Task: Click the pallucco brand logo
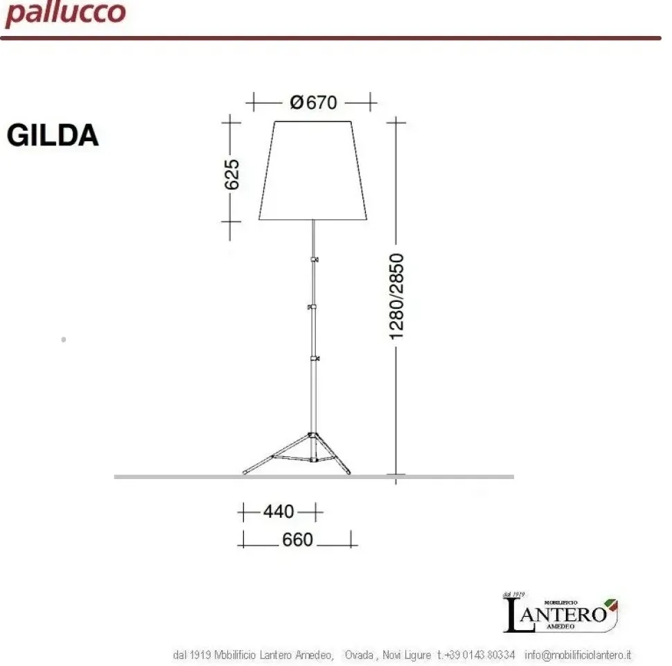[65, 14]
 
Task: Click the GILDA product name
[53, 136]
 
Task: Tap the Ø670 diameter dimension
[312, 102]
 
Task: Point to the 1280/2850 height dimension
[397, 296]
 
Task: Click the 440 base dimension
[278, 512]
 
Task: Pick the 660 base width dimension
[298, 539]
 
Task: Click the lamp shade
[313, 170]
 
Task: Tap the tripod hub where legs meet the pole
[313, 436]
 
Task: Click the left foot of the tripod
[245, 472]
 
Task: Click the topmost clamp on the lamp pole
[315, 259]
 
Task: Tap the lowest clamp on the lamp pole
[315, 358]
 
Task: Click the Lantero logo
[560, 613]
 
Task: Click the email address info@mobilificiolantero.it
[578, 655]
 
